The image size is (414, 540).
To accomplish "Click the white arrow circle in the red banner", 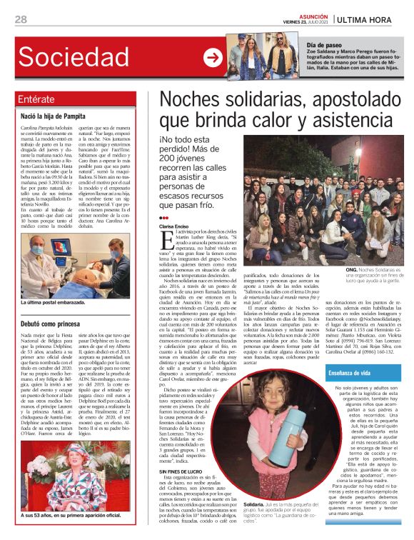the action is tap(212, 57).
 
